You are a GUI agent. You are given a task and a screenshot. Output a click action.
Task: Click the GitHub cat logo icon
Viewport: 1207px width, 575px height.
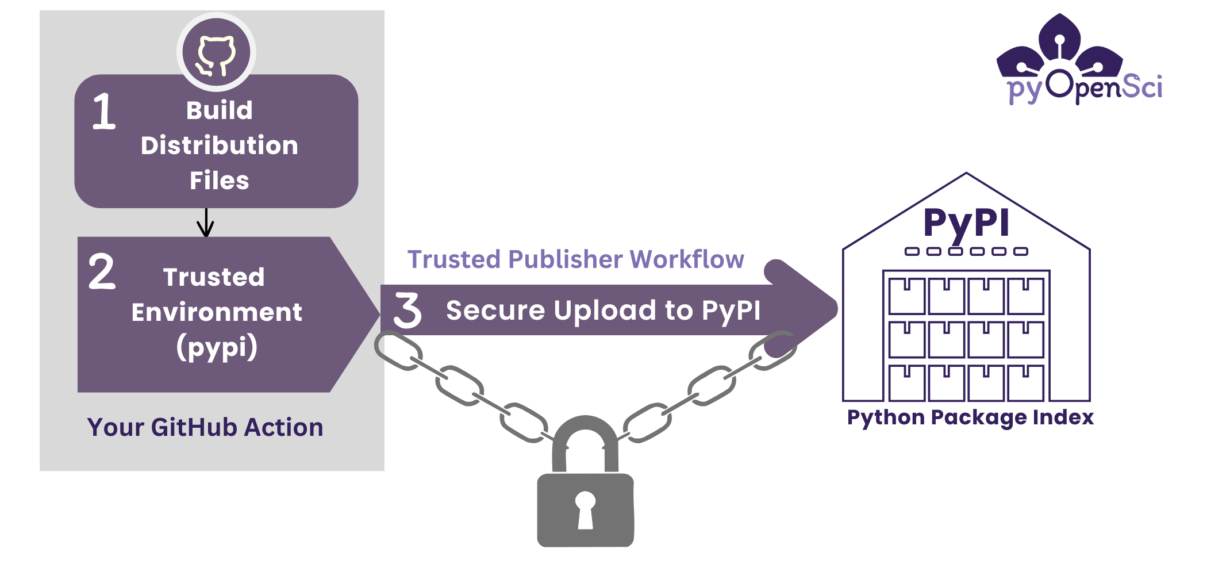pos(216,53)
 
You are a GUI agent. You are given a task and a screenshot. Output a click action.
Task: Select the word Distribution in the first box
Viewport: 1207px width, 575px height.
pos(220,145)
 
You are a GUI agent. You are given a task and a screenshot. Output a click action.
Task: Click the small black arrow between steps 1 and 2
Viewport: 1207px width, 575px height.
pos(205,223)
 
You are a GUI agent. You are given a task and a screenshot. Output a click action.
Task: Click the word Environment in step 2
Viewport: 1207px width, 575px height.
pos(217,312)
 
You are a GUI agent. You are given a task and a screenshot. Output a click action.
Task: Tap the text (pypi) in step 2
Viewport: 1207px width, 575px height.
pos(217,348)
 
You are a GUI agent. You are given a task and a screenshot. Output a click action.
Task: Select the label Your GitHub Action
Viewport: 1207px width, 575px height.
pos(205,427)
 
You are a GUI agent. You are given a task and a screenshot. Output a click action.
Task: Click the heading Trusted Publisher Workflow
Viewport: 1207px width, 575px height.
pos(575,259)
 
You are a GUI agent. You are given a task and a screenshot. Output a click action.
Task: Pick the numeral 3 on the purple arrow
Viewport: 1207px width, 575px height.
pos(407,310)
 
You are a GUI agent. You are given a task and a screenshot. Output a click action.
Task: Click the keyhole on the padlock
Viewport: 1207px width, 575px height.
pos(585,509)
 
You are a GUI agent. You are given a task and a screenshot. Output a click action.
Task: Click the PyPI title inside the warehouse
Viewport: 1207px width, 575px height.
pos(966,223)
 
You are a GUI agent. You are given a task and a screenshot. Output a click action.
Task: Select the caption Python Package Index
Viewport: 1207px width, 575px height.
pos(970,417)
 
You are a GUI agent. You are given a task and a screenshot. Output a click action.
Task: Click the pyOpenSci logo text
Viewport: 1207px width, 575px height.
pos(1085,88)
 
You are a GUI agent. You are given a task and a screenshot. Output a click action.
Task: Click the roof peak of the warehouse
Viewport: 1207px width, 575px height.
pos(966,174)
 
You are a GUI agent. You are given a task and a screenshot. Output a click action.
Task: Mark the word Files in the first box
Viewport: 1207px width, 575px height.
pos(220,181)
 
